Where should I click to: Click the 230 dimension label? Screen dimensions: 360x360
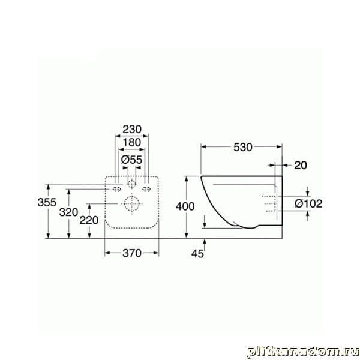click(x=132, y=130)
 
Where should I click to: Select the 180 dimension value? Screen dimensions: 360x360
click(x=132, y=143)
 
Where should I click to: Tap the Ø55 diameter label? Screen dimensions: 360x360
click(x=132, y=160)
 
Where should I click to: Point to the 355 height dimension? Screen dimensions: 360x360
click(x=47, y=202)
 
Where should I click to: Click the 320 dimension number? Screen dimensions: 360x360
click(x=68, y=212)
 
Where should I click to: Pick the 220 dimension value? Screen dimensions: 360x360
click(x=89, y=220)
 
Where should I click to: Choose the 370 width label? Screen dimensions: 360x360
click(x=132, y=253)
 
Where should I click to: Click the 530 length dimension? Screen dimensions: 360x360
click(x=243, y=147)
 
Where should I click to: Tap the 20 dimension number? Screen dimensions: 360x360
click(x=301, y=166)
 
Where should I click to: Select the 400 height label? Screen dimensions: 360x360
click(x=185, y=206)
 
